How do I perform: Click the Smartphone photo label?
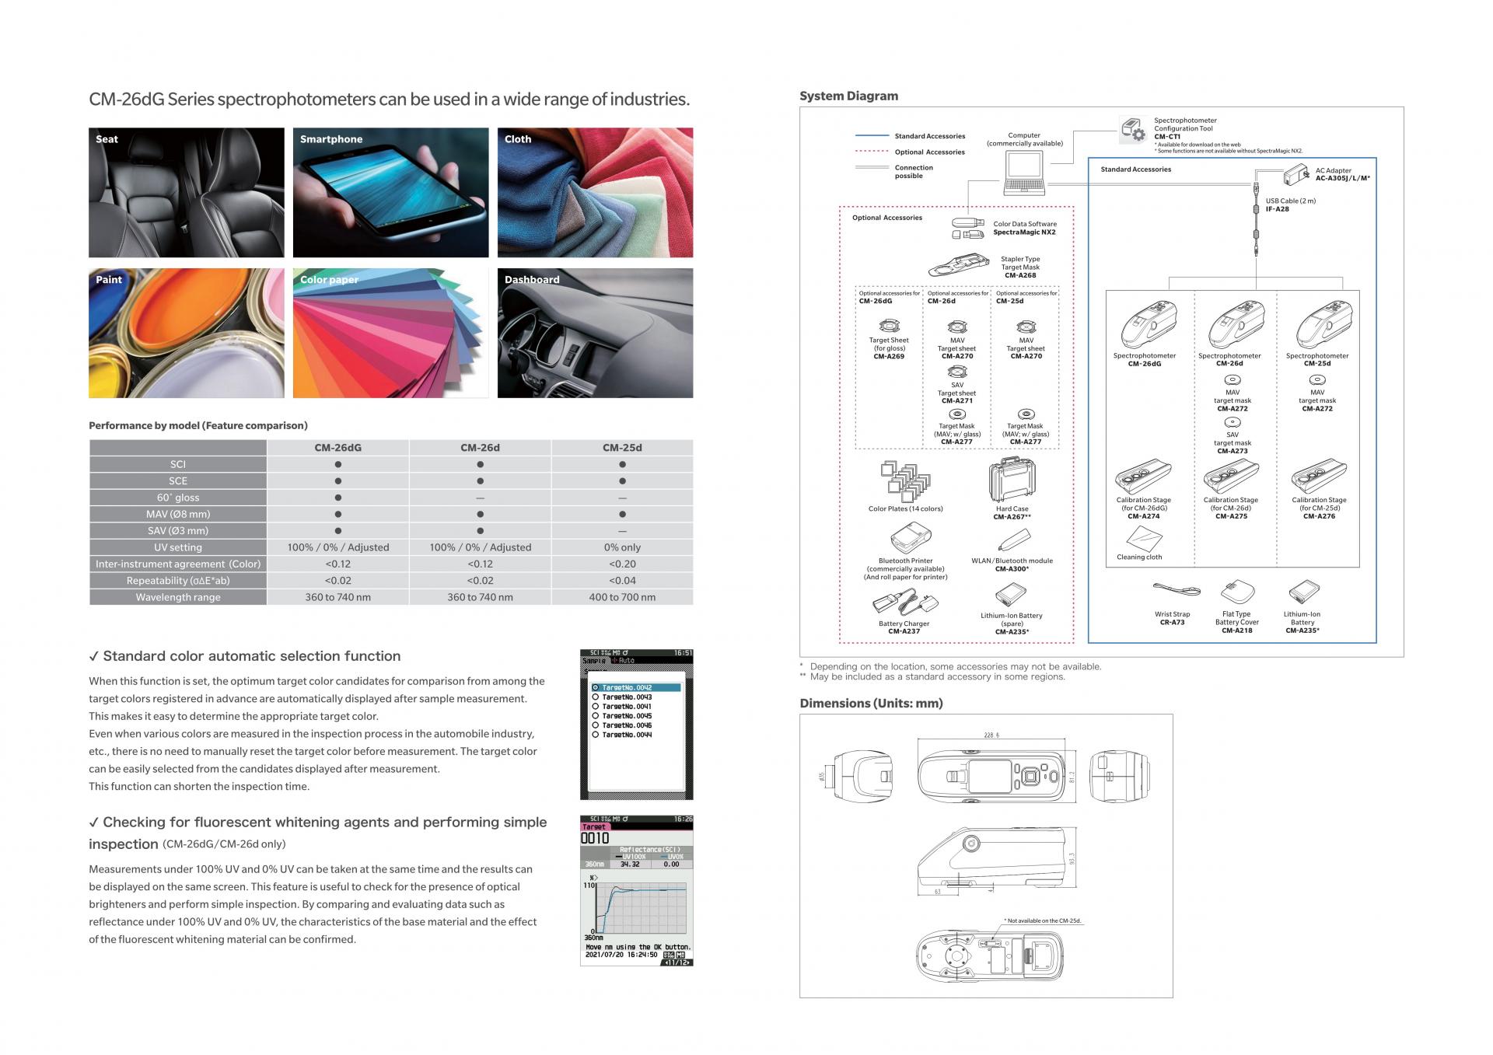point(331,139)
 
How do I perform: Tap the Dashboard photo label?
point(532,280)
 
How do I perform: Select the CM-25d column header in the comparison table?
point(622,448)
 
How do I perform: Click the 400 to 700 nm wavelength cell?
point(622,597)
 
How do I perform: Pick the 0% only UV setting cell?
point(622,547)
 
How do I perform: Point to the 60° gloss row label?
point(178,498)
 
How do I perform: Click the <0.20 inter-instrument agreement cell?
point(622,564)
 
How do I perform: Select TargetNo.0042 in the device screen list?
point(627,688)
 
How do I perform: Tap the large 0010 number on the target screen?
point(596,838)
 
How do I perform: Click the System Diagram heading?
point(848,96)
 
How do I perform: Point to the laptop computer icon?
point(1023,173)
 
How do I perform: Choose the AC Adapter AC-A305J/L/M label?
point(1342,174)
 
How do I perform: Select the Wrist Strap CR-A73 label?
point(1172,618)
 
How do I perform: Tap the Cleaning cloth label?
point(1139,557)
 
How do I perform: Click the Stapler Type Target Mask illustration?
point(958,267)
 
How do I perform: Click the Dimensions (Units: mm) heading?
point(871,704)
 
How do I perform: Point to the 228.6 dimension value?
point(991,735)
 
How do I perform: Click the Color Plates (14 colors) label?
point(905,509)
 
